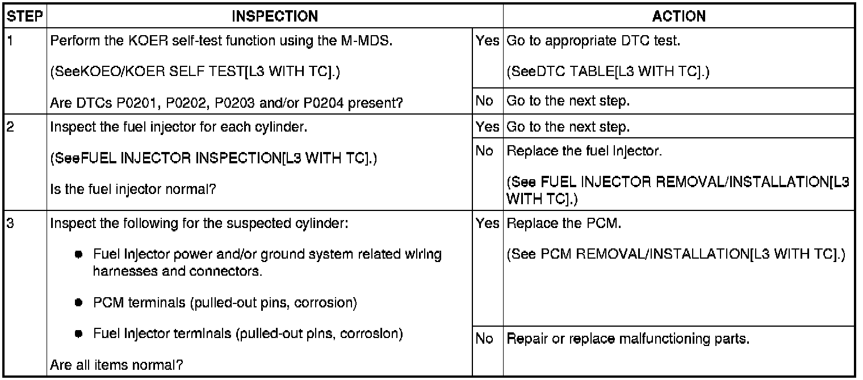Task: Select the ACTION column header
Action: [678, 16]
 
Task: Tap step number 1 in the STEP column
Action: [9, 43]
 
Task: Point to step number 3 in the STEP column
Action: [9, 223]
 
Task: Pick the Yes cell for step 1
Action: [488, 43]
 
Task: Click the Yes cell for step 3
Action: [488, 223]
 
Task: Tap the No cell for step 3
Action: [483, 340]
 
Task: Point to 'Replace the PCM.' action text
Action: [564, 223]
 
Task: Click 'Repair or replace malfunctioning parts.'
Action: [628, 340]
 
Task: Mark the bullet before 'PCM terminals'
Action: [82, 303]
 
